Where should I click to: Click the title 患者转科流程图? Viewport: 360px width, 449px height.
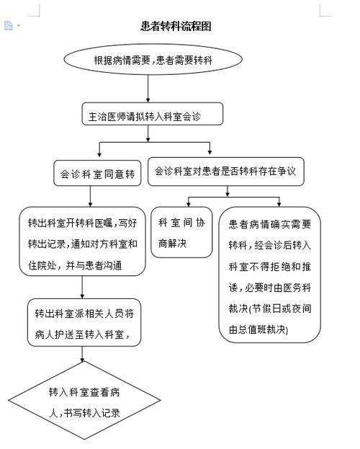tap(176, 27)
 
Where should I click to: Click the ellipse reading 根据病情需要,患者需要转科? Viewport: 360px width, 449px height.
tap(153, 60)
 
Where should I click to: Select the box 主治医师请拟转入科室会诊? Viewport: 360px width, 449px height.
tap(152, 114)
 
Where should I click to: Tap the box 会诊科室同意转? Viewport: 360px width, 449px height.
tap(97, 173)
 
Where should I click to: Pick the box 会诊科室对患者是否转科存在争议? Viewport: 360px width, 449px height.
tap(226, 172)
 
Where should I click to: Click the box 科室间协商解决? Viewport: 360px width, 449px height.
tap(181, 232)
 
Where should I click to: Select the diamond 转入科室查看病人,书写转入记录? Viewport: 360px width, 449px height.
tap(84, 400)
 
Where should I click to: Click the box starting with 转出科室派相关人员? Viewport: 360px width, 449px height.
tap(84, 322)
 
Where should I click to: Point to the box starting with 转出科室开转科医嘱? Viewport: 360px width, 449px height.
tap(82, 241)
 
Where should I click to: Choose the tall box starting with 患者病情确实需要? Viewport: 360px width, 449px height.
tap(269, 275)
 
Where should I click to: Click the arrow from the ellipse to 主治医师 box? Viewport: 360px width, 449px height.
tap(148, 89)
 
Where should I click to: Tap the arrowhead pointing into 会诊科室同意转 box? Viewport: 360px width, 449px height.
tap(99, 155)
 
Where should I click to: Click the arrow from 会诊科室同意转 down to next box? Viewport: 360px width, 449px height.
tap(91, 196)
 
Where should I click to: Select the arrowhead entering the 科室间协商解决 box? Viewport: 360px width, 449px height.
tap(189, 204)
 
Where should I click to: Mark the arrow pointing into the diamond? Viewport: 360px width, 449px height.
tap(82, 354)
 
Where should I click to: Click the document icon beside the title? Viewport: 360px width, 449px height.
tap(9, 26)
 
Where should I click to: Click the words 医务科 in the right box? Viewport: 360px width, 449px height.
tap(297, 288)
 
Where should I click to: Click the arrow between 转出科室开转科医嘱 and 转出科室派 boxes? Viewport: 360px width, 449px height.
tap(82, 288)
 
